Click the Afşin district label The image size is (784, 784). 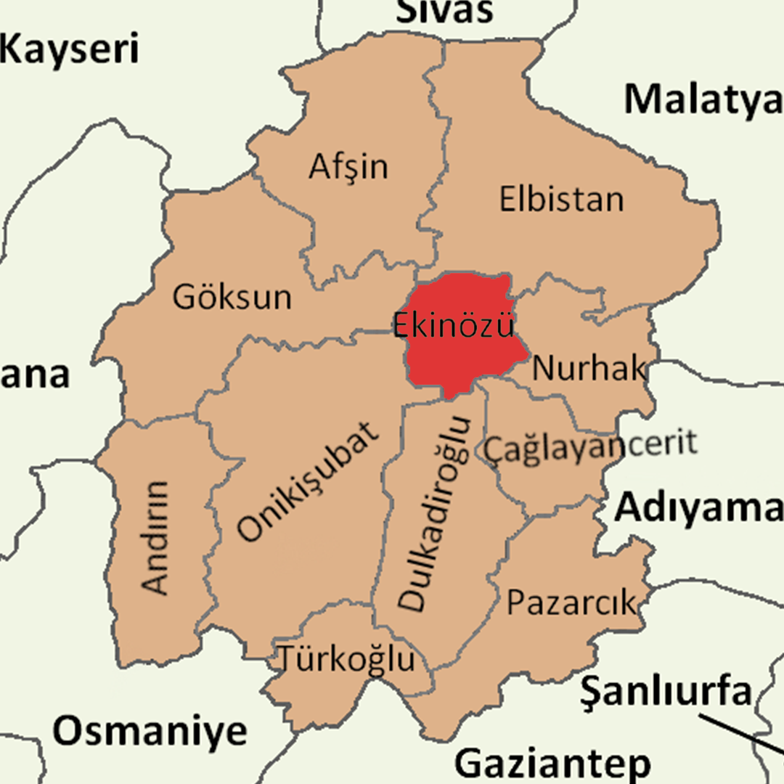348,168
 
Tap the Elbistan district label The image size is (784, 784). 561,199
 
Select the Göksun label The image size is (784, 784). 232,297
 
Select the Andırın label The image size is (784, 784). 155,536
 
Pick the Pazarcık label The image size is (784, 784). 571,602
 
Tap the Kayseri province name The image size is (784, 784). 69,50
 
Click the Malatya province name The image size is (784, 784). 703,99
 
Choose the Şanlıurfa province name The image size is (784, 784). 666,691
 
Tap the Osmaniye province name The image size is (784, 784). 150,731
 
